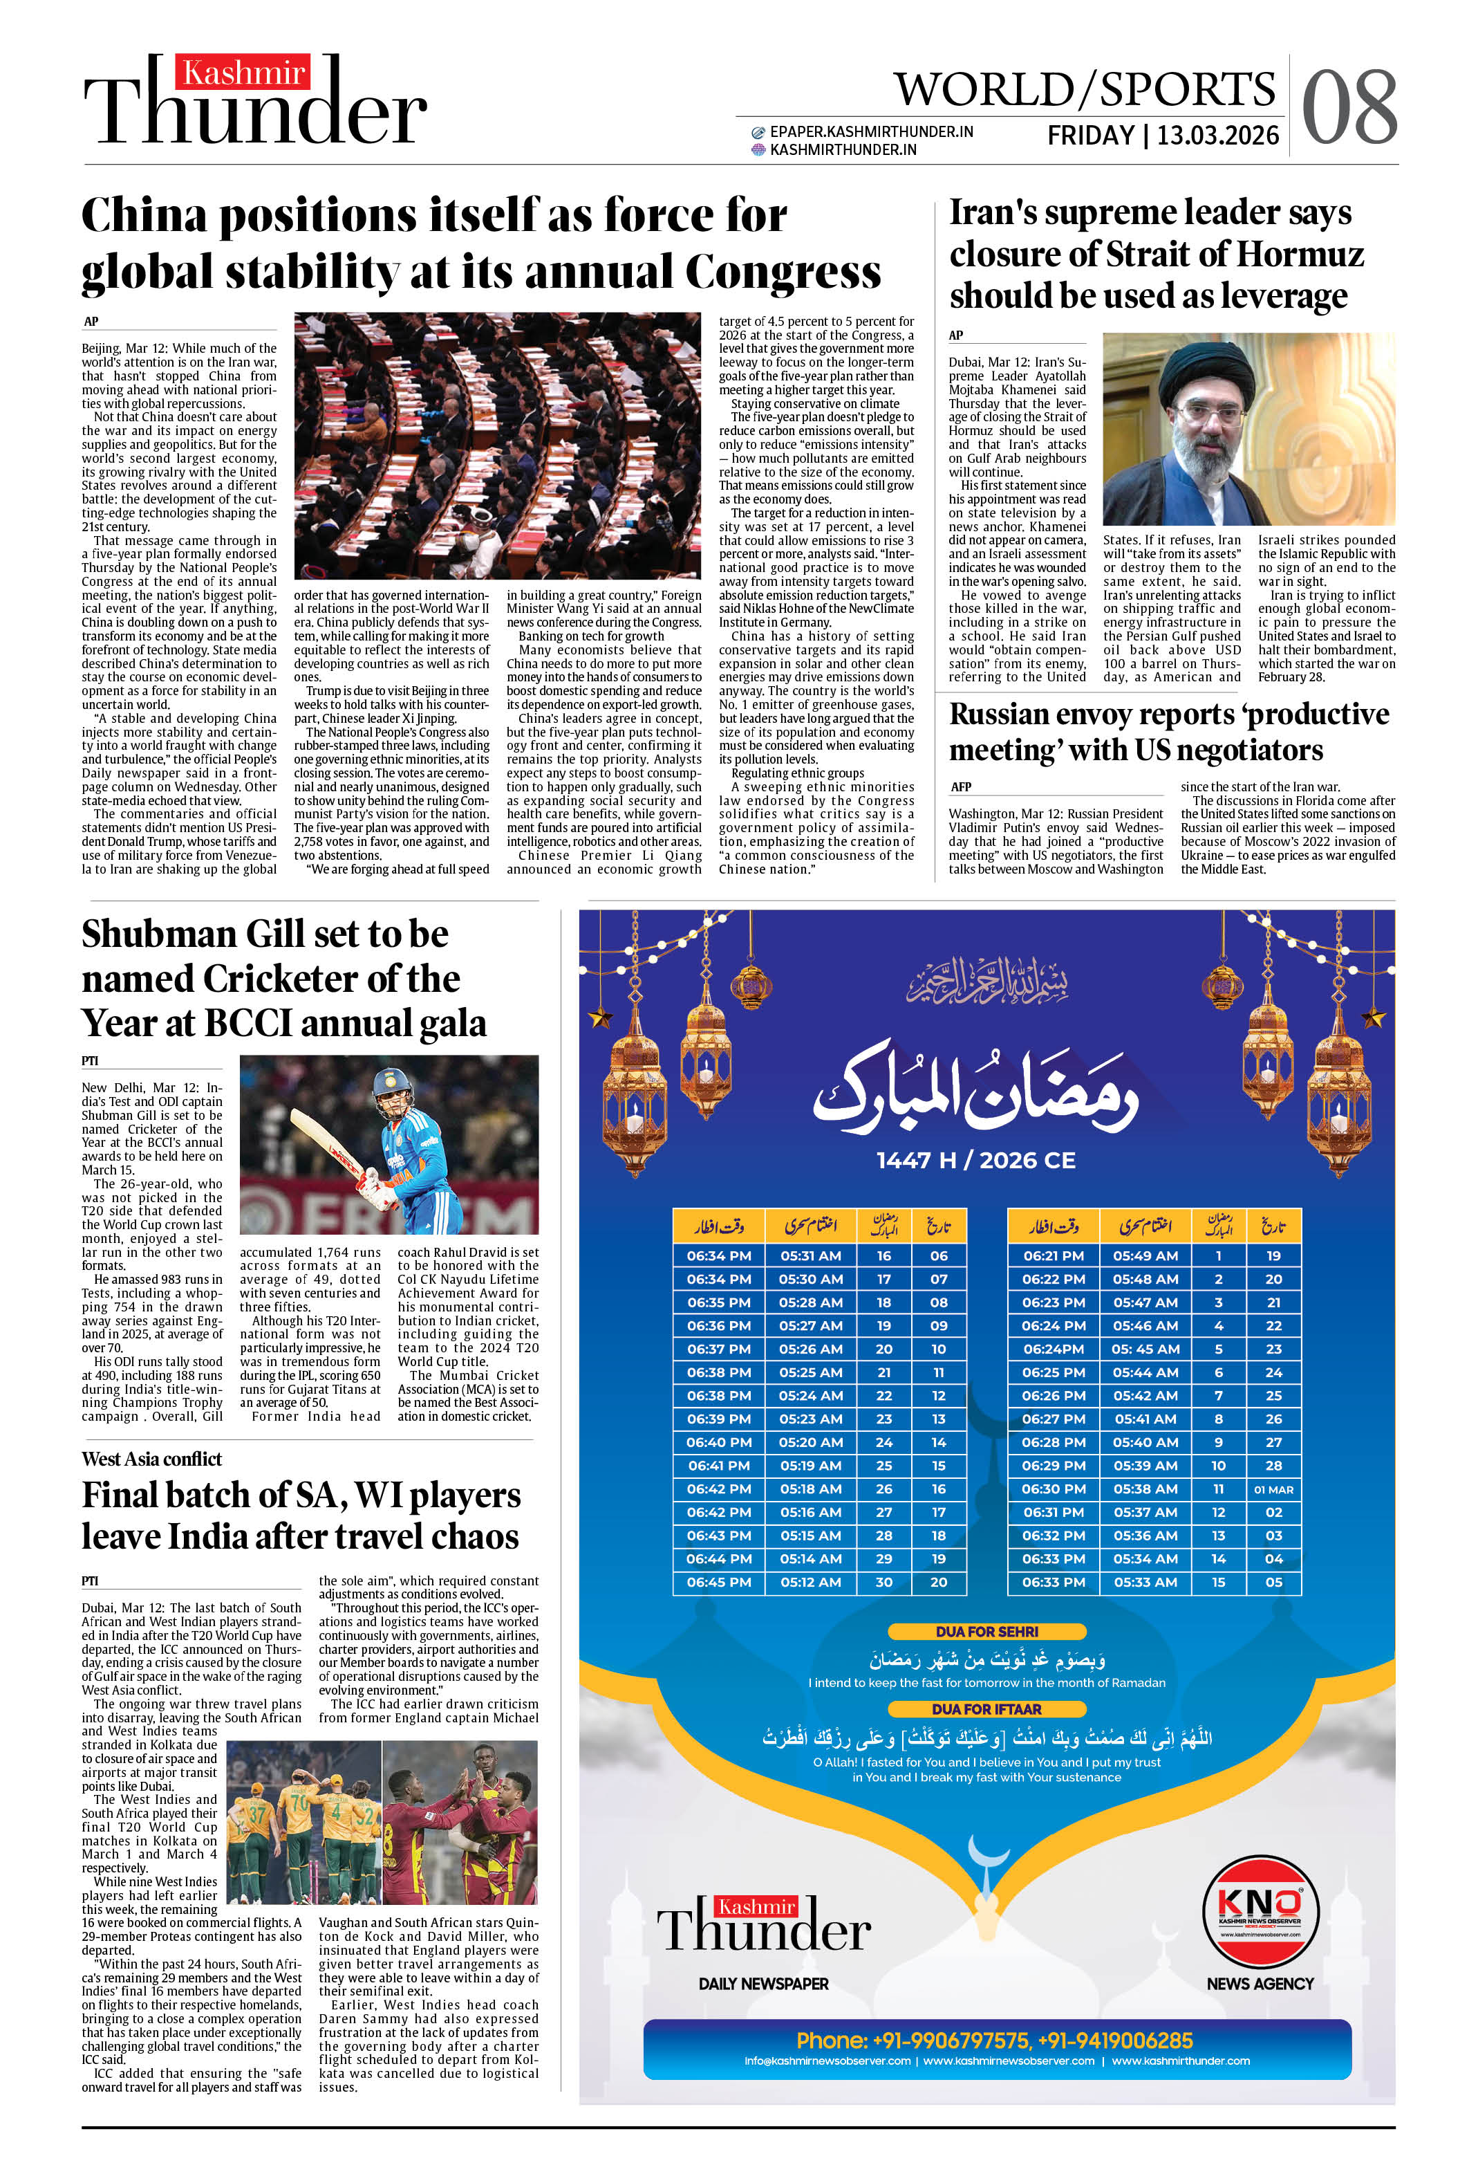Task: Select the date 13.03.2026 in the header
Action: tap(1217, 136)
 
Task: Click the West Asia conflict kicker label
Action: tap(152, 1459)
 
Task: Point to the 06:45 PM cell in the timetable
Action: tap(718, 1582)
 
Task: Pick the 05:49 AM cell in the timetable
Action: tap(1145, 1256)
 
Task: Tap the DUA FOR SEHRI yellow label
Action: tap(986, 1631)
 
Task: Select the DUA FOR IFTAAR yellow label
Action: tap(986, 1708)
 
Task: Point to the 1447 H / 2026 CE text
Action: tap(975, 1160)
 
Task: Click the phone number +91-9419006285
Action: tap(1114, 2039)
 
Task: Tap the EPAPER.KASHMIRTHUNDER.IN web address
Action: tap(871, 132)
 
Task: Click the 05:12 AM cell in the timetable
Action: tap(810, 1582)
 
